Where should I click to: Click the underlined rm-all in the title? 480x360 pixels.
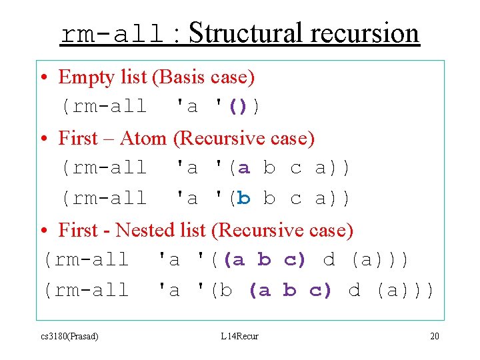[x=112, y=33]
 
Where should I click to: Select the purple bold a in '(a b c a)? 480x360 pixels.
[x=244, y=168]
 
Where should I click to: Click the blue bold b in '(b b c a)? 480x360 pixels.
[x=244, y=199]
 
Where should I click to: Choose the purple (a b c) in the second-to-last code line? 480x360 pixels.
[x=265, y=260]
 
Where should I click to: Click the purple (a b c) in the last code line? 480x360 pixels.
[x=290, y=291]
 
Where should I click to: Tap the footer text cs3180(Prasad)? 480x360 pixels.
[x=69, y=336]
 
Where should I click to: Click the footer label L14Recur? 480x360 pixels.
[x=239, y=336]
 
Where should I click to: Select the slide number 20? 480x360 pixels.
[x=434, y=336]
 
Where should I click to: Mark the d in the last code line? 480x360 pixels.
[x=355, y=291]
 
